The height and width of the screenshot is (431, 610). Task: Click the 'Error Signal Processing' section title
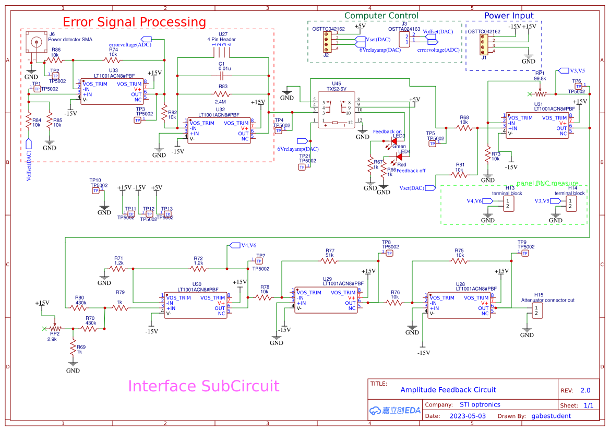[134, 22]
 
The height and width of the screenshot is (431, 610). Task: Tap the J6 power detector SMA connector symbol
[37, 43]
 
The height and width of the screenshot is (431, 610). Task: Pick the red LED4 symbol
[399, 157]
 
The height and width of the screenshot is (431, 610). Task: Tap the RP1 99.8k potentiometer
[540, 94]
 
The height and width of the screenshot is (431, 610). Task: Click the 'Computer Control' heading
[381, 16]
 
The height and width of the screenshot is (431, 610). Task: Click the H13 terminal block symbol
[508, 203]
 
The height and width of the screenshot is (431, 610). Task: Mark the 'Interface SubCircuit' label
[204, 386]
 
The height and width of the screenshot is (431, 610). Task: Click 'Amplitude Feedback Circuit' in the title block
[448, 390]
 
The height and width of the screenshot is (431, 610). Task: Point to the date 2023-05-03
[468, 416]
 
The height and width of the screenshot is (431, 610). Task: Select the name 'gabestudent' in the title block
[551, 416]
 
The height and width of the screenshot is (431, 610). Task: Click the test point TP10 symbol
[96, 190]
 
